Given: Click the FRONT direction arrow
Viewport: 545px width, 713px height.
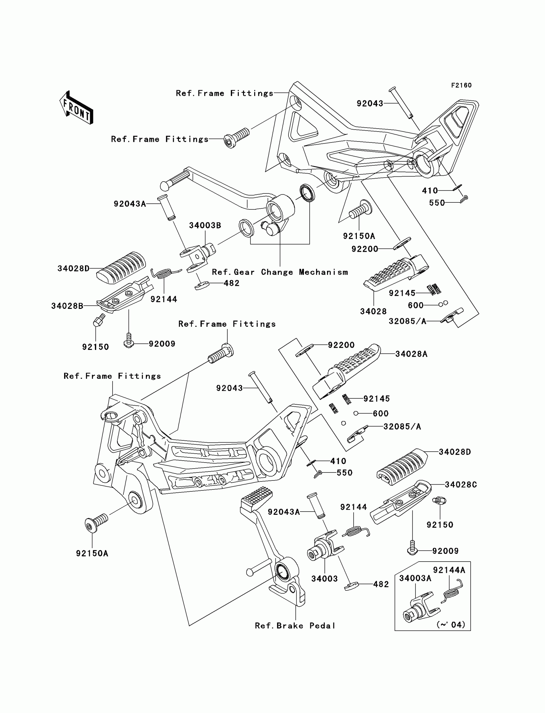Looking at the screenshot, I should click(x=77, y=108).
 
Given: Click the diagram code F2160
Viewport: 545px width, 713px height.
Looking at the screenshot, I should click(x=461, y=85).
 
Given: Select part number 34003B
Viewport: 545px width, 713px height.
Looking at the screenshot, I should click(x=205, y=225).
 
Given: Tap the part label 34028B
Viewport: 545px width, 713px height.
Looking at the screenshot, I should click(x=67, y=306).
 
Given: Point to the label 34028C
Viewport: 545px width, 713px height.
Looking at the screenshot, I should click(x=461, y=485).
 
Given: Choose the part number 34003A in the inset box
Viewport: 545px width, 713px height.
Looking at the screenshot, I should click(x=415, y=578).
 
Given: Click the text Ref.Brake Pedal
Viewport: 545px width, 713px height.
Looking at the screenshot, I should click(x=295, y=626).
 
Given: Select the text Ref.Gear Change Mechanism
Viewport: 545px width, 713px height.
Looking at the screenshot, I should click(x=280, y=272).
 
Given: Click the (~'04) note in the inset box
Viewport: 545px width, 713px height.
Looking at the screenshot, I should click(x=451, y=624).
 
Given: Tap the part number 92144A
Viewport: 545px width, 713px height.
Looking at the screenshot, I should click(x=449, y=570).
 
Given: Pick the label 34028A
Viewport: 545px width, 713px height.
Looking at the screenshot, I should click(x=411, y=354).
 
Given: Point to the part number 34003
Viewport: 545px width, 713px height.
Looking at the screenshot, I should click(x=324, y=579).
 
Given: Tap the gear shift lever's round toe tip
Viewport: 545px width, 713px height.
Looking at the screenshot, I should click(x=165, y=186).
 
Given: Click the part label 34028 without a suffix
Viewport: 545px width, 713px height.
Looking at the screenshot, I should click(x=373, y=311).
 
